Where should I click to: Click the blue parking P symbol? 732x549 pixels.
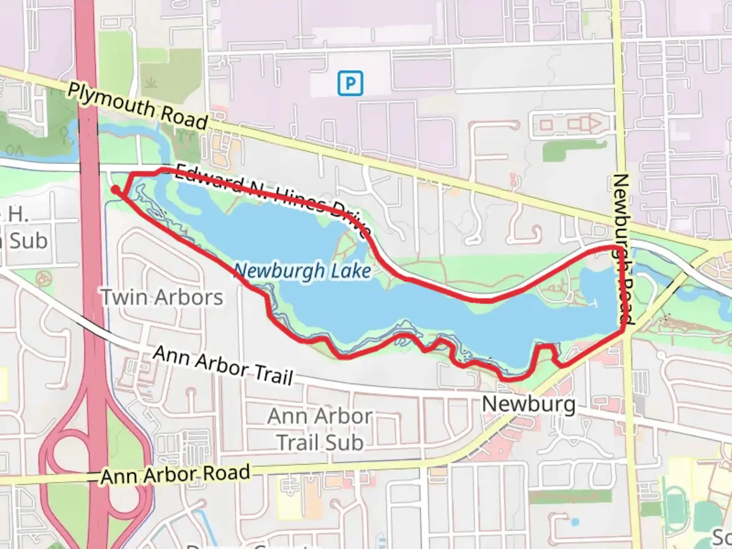350,83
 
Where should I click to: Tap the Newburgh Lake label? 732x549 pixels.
302,271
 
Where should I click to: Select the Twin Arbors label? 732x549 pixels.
162,297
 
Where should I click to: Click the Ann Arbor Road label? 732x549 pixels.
175,475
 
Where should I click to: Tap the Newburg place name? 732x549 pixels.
529,405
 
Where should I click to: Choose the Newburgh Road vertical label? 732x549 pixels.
623,249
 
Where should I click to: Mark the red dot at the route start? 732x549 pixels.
116,190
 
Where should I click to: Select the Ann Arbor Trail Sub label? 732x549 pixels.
320,430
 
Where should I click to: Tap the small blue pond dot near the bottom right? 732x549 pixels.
575,522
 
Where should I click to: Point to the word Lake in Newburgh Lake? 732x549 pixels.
351,271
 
